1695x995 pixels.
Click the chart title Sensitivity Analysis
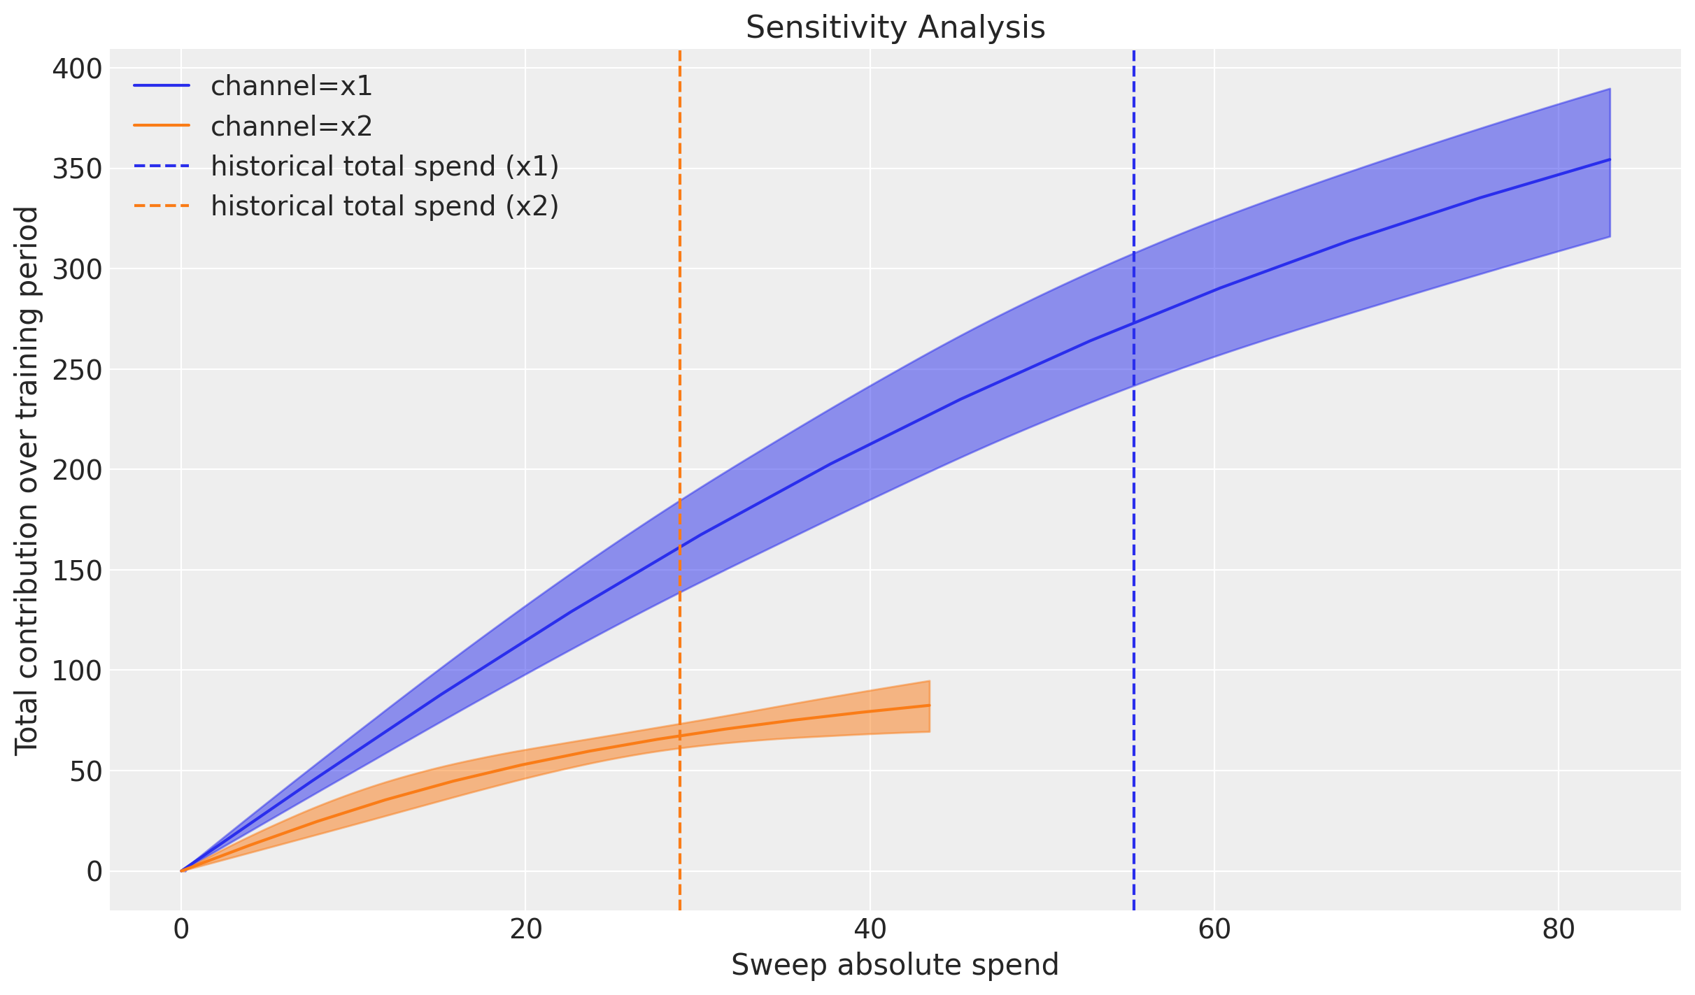click(895, 28)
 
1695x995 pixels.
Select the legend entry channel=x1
click(291, 86)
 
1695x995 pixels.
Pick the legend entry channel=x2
click(291, 127)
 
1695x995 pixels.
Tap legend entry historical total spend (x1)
click(385, 166)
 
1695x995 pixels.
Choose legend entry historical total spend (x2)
click(385, 206)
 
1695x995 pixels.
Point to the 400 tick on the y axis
click(77, 69)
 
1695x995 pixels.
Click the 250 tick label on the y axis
click(77, 369)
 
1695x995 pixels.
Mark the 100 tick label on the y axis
click(77, 671)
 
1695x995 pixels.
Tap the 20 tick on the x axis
click(525, 929)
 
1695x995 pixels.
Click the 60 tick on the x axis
click(1214, 929)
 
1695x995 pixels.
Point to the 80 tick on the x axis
click(1559, 929)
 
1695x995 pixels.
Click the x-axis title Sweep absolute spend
click(895, 966)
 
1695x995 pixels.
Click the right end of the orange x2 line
click(929, 705)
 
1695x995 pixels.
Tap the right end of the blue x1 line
click(1610, 159)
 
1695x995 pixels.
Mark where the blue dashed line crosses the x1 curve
click(1133, 323)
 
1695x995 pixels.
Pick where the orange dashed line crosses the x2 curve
click(679, 736)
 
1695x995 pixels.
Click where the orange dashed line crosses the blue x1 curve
click(679, 547)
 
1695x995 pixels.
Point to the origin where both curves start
click(181, 871)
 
